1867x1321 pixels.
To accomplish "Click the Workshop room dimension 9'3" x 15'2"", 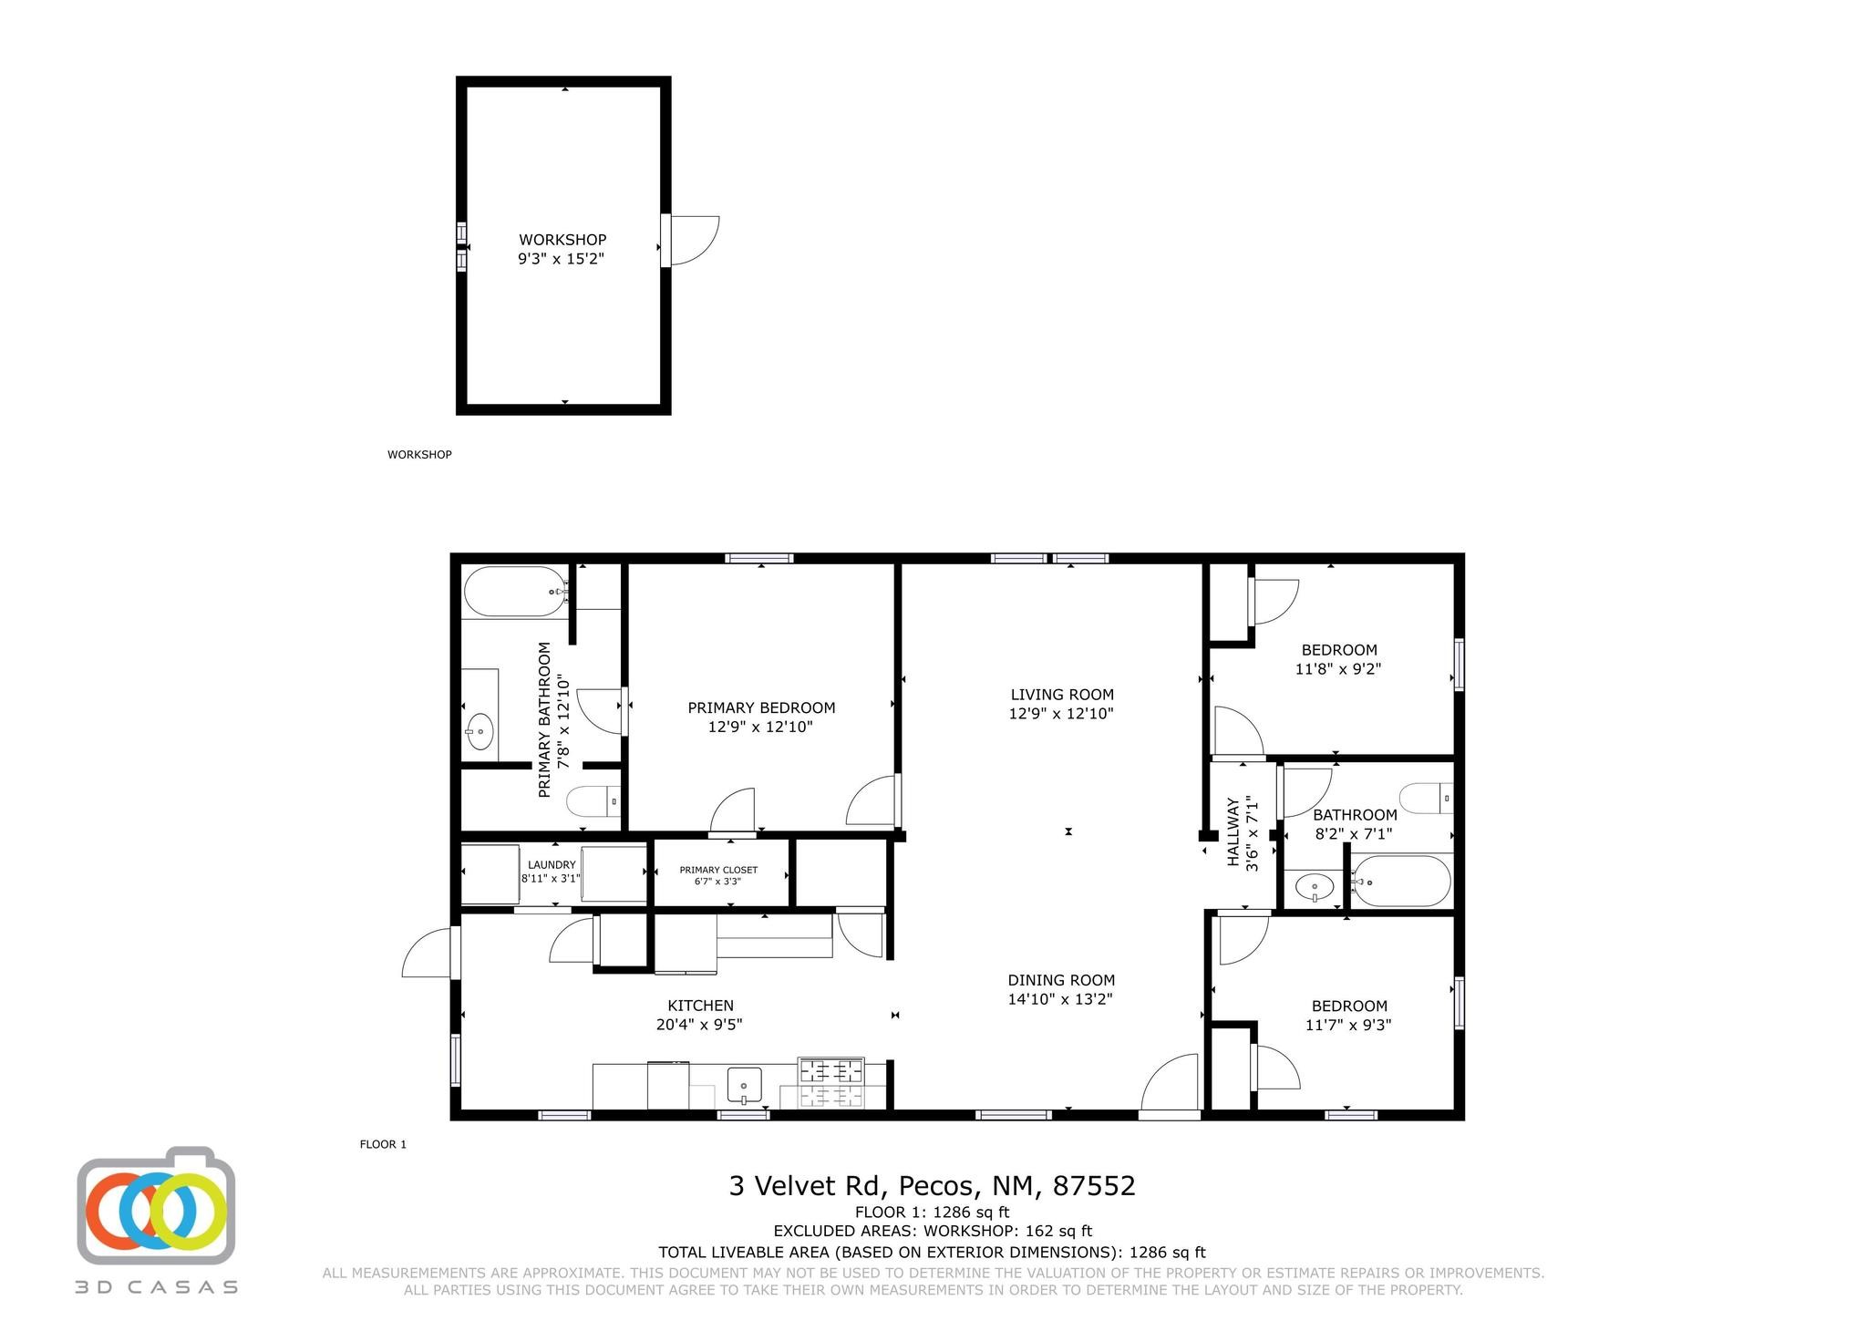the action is click(x=562, y=259).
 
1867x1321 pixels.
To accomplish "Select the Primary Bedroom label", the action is click(x=761, y=707).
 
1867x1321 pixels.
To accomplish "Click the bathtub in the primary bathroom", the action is click(x=515, y=592).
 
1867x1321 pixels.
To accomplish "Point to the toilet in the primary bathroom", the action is click(x=593, y=801).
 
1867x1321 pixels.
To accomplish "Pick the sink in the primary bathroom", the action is click(x=480, y=730).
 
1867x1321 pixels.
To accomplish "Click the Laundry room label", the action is click(x=552, y=864).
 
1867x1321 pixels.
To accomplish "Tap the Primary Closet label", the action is click(x=718, y=870).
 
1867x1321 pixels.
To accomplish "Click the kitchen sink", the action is click(x=744, y=1086).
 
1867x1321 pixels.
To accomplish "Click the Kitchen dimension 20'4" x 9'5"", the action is click(x=700, y=1025).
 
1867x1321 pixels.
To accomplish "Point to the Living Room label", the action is click(x=1062, y=695).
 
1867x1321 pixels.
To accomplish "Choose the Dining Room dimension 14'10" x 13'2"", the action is click(x=1060, y=999).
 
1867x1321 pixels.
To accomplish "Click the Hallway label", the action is click(x=1233, y=832).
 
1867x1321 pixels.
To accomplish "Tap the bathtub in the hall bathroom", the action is click(x=1400, y=881).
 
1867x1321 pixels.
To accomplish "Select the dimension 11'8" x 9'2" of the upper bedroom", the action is click(x=1338, y=668).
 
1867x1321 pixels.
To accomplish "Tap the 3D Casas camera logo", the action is click(x=156, y=1205).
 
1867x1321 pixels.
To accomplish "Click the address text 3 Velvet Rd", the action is click(x=806, y=1186).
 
